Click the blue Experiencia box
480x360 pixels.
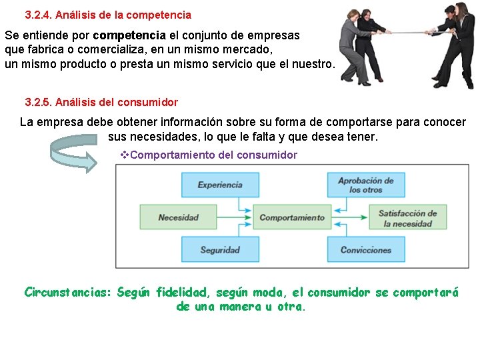tap(219, 185)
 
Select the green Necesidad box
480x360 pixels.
tap(178, 217)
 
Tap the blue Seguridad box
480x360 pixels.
tap(219, 250)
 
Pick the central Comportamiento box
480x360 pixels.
tap(291, 217)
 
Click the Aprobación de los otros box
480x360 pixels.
tap(365, 185)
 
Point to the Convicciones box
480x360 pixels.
tap(365, 250)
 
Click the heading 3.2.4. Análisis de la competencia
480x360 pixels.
tap(108, 15)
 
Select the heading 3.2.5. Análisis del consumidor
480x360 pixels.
tap(101, 103)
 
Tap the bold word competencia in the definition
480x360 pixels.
tap(129, 35)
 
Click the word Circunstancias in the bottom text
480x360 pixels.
tap(67, 292)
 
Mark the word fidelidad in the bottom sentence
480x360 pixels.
tap(181, 292)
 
